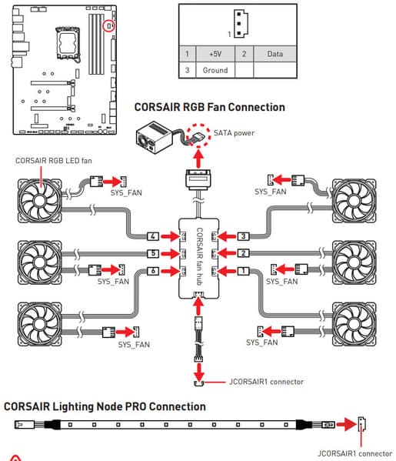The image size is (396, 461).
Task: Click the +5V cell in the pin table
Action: point(215,54)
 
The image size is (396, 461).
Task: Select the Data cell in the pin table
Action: point(275,54)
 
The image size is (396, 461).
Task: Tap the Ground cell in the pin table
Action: point(215,70)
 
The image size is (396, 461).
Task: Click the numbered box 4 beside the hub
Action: point(153,236)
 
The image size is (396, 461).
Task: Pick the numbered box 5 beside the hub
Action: point(153,253)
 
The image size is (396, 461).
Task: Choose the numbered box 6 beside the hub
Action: point(153,271)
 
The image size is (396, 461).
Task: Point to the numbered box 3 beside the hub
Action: point(243,236)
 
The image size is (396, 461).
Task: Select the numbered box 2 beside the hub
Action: point(243,253)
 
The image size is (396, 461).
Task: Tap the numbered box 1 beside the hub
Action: point(243,271)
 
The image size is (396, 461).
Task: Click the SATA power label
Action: point(234,133)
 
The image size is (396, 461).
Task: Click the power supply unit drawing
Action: point(153,138)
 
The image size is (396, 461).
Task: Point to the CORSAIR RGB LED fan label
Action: point(54,161)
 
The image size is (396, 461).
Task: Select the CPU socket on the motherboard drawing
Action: point(68,43)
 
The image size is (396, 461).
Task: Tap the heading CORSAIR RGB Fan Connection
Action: point(209,107)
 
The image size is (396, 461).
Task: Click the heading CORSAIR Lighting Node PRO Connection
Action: point(105,406)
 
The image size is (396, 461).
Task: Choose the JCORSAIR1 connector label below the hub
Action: point(266,382)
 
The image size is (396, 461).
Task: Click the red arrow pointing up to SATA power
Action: point(199,159)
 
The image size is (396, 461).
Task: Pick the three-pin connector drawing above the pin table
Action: point(241,24)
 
